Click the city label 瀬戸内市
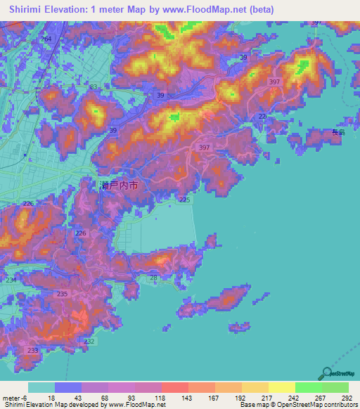point(119,186)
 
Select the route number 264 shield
point(46,39)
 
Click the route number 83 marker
point(94,87)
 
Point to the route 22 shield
point(262,116)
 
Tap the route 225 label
point(184,200)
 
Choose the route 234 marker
point(11,280)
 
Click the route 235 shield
point(62,294)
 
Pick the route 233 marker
point(32,349)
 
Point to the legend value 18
point(51,397)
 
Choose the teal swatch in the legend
point(41,387)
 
